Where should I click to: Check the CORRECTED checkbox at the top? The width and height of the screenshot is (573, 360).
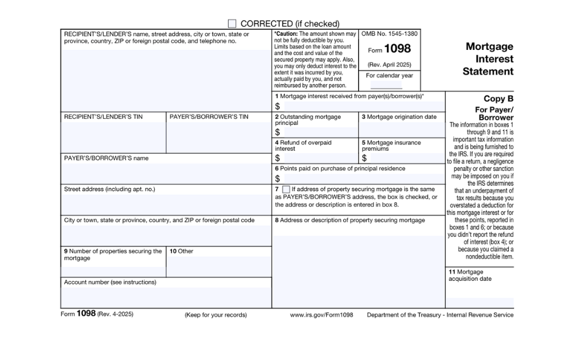[x=232, y=24]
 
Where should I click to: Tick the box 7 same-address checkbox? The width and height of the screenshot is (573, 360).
[x=286, y=189]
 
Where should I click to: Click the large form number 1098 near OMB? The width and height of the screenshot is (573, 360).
[x=397, y=49]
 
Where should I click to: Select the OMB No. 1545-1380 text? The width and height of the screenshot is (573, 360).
[x=390, y=34]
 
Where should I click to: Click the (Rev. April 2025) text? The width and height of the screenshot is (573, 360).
[x=390, y=65]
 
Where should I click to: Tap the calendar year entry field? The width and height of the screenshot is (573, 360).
[x=386, y=85]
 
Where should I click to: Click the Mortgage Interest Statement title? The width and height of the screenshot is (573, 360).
[x=488, y=59]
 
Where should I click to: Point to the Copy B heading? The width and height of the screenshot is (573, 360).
[x=499, y=99]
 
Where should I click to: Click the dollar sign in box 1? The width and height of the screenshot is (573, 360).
[x=277, y=106]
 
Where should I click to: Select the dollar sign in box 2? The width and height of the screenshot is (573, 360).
[x=277, y=132]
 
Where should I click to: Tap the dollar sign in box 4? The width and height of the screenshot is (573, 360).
[x=277, y=158]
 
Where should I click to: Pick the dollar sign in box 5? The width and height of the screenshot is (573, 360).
[x=364, y=158]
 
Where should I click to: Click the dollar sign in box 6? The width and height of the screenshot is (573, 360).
[x=277, y=179]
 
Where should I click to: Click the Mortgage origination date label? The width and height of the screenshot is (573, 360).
[x=401, y=117]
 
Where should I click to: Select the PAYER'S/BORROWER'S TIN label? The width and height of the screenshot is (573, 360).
[x=209, y=117]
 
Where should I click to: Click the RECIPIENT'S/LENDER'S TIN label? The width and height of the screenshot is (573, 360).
[x=103, y=117]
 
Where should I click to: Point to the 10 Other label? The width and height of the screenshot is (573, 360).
[x=181, y=251]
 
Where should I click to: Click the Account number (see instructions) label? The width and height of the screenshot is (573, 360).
[x=110, y=282]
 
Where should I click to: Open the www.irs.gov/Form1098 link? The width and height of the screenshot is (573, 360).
[x=321, y=315]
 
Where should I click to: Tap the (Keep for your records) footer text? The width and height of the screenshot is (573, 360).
[x=215, y=315]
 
